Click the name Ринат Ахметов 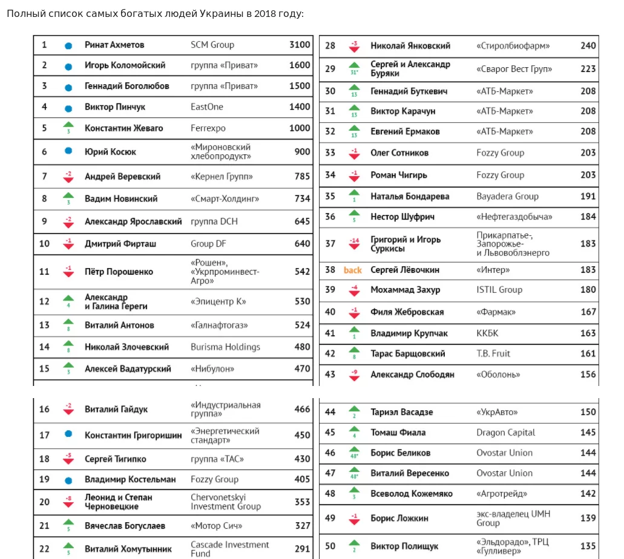click(x=114, y=45)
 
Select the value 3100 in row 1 click(x=300, y=45)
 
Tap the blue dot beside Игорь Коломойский click(x=68, y=66)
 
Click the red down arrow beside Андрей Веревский click(x=68, y=177)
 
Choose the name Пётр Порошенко click(x=119, y=272)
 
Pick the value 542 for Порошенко click(x=303, y=272)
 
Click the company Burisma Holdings click(x=225, y=347)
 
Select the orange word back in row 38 click(x=353, y=270)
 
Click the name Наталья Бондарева click(x=410, y=197)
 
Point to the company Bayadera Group click(x=507, y=197)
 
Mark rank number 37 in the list click(x=330, y=244)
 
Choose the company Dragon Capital click(x=506, y=433)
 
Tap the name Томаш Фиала click(x=398, y=433)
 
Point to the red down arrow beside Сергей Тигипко click(x=68, y=459)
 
